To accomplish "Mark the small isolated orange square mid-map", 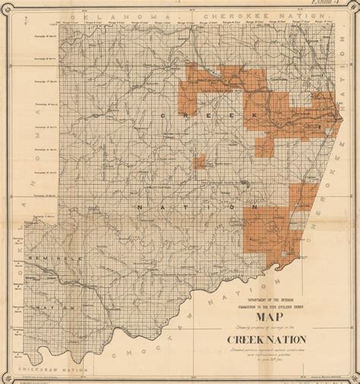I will [x=201, y=160].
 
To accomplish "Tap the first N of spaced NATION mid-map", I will [x=142, y=206].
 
